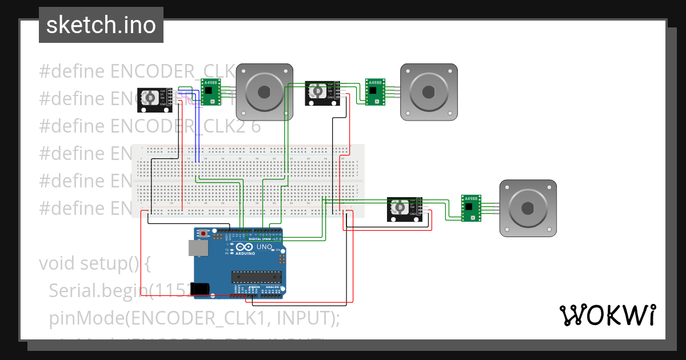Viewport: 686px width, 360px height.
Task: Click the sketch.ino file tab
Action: (x=101, y=25)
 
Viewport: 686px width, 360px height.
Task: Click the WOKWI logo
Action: (x=607, y=315)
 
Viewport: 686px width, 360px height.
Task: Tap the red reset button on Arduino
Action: (x=204, y=234)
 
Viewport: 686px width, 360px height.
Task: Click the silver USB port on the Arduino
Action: (x=198, y=248)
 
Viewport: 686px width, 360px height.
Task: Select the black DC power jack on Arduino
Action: (x=200, y=289)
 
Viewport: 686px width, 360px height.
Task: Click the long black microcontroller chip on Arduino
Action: (x=257, y=277)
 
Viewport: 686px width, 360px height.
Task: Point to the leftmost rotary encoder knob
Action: (x=149, y=99)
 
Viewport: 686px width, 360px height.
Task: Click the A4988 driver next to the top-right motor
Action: (x=375, y=91)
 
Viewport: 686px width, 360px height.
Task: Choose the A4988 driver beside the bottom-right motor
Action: (x=471, y=208)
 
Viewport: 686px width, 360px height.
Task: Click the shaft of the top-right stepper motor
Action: (x=429, y=91)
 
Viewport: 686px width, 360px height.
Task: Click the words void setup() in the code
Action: (x=94, y=263)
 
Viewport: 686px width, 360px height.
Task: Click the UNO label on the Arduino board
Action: (x=264, y=247)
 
